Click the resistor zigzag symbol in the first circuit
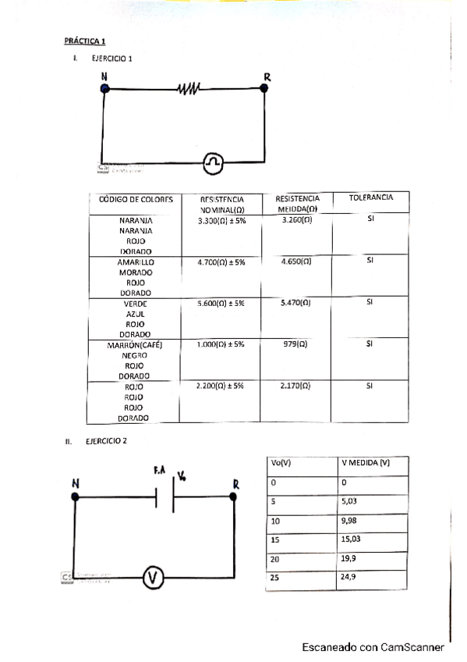click(189, 89)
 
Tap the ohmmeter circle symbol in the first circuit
click(213, 162)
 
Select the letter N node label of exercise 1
click(104, 77)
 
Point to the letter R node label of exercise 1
click(267, 77)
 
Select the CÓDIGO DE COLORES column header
click(136, 199)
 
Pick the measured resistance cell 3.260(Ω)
click(296, 220)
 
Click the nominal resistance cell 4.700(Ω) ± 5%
click(221, 263)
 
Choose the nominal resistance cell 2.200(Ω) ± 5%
click(221, 386)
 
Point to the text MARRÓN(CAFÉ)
click(135, 344)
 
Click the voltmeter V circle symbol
click(154, 578)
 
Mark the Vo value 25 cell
click(275, 578)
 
